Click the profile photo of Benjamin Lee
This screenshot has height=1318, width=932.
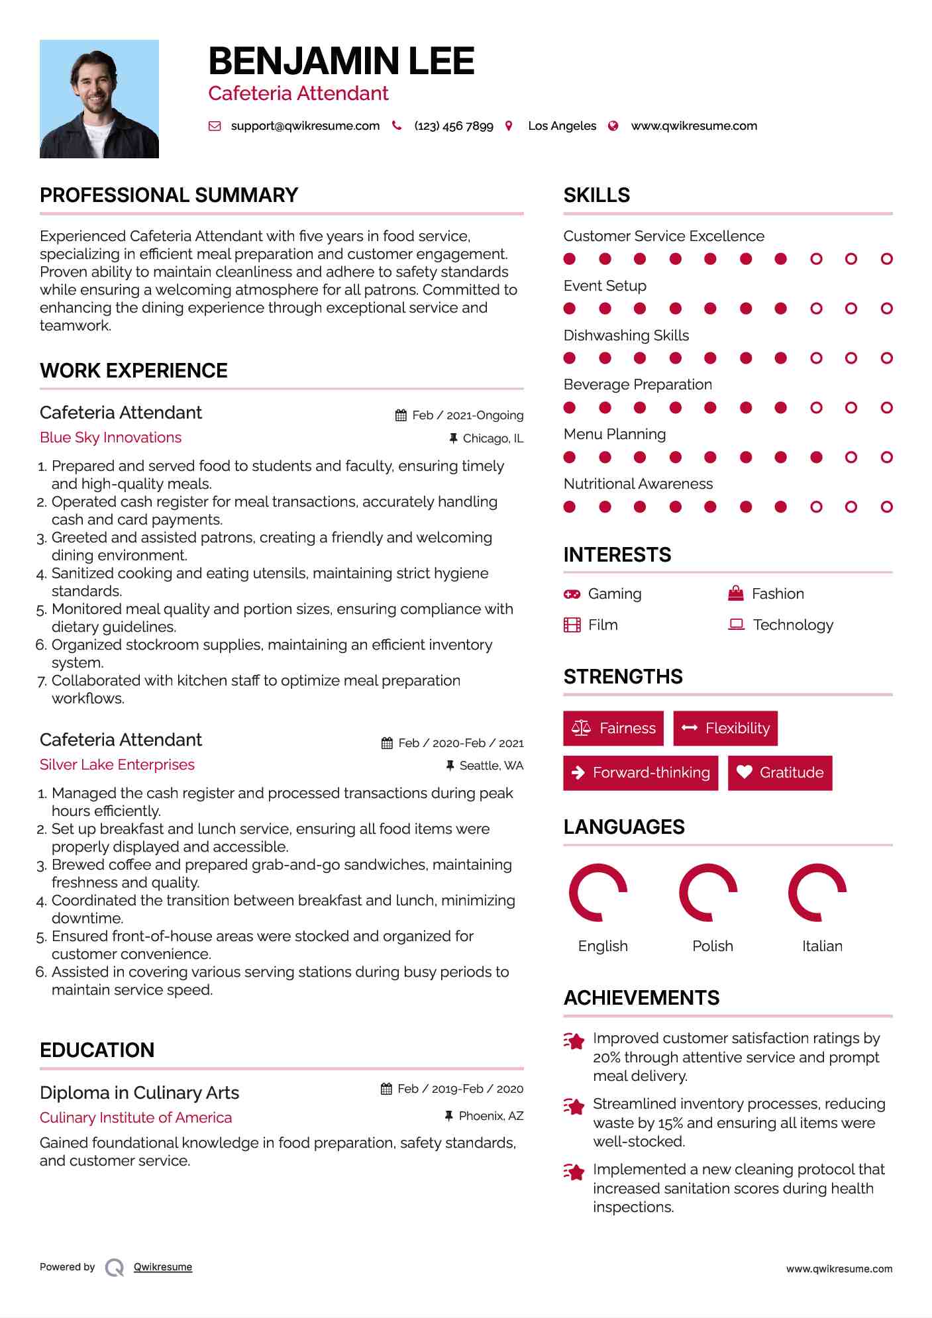click(x=99, y=99)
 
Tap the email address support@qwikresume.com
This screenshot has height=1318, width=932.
click(x=305, y=126)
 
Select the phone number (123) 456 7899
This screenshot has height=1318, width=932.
click(x=454, y=126)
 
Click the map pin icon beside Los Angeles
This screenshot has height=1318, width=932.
click(x=509, y=126)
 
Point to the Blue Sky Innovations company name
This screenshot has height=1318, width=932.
click(x=111, y=438)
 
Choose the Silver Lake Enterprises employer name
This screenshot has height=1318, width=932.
click(x=117, y=765)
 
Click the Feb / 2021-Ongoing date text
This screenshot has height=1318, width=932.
click(x=468, y=415)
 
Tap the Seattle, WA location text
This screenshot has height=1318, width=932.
click(x=492, y=766)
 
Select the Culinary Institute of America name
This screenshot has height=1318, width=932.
click(x=136, y=1118)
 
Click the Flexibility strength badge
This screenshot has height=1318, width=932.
click(x=725, y=729)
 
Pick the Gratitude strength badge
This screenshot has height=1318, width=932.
click(x=780, y=773)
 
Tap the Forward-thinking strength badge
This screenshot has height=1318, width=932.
click(x=641, y=773)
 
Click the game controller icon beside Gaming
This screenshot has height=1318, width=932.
click(x=572, y=594)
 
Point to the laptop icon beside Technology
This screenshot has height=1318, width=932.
click(x=736, y=625)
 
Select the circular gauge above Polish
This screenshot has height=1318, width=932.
click(x=708, y=892)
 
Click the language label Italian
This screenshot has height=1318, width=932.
click(x=822, y=946)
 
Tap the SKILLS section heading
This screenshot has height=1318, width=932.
click(x=597, y=195)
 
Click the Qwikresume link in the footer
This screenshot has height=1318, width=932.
click(x=163, y=1267)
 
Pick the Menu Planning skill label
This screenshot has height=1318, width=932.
click(x=615, y=434)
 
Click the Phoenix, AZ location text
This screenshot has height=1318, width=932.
click(x=491, y=1116)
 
